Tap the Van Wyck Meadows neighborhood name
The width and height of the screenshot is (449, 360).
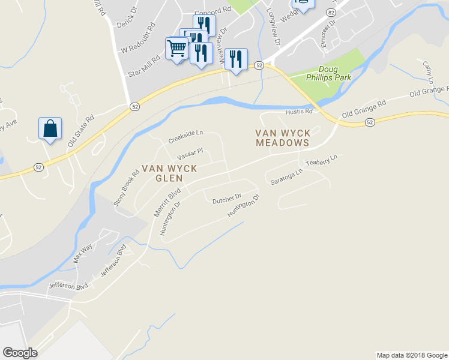282,138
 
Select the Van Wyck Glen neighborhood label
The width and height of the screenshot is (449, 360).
169,173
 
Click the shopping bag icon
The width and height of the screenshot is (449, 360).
50,129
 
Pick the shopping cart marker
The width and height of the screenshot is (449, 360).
177,49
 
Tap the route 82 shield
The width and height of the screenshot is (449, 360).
331,12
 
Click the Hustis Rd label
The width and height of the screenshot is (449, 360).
300,111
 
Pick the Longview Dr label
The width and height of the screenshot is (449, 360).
273,27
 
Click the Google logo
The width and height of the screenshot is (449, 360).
20,353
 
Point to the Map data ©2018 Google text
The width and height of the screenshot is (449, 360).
411,355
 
